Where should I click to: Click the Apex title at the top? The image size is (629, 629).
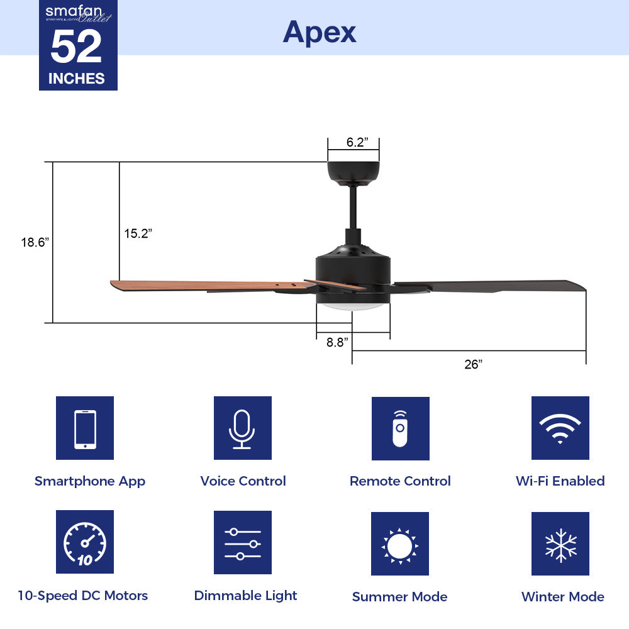320,31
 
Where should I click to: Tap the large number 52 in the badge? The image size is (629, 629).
76,48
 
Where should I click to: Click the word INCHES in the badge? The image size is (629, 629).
77,79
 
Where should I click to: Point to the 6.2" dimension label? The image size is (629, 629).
356,142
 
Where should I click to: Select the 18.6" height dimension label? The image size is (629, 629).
35,242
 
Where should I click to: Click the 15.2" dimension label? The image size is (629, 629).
138,234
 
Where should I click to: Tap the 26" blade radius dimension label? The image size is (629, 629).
473,364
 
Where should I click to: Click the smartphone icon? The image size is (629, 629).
85,428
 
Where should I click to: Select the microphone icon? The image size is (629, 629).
242,428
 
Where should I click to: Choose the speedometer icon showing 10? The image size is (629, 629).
85,542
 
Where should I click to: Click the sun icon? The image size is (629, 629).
399,544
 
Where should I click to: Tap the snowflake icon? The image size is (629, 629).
560,544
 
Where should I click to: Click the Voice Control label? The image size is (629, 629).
243,481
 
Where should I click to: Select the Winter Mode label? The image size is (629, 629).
562,597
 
